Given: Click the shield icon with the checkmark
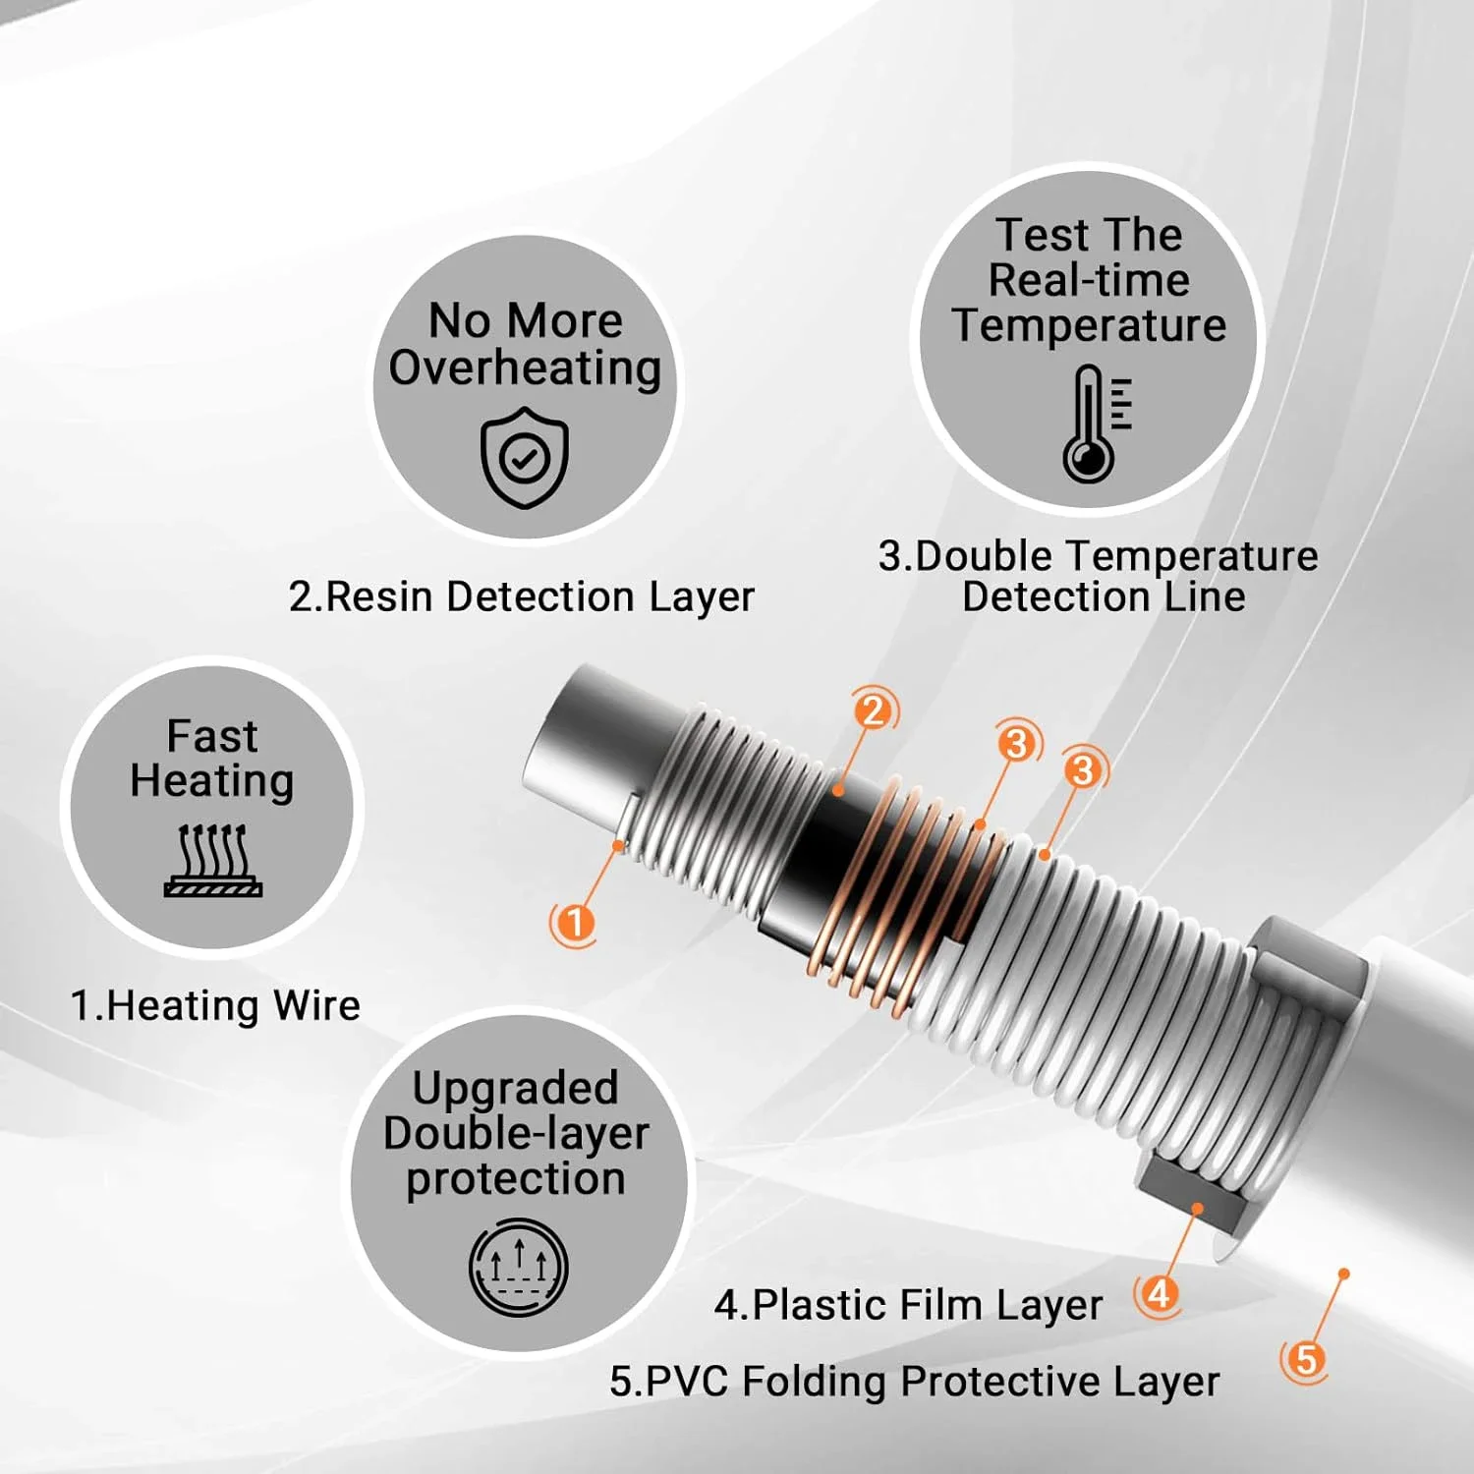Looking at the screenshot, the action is click(x=525, y=457).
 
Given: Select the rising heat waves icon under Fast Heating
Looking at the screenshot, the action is click(x=212, y=860).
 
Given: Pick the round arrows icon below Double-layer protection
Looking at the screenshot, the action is click(x=518, y=1268).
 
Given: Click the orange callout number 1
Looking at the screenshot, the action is click(x=574, y=923).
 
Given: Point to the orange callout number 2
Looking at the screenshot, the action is click(x=874, y=709).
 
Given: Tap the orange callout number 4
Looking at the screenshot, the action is click(x=1159, y=1293).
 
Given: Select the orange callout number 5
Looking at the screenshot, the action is click(x=1305, y=1361).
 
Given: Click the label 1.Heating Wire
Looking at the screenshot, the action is click(x=215, y=1006).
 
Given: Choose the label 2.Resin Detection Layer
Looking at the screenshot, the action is click(x=522, y=596).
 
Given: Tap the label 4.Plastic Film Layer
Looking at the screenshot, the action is click(x=909, y=1306).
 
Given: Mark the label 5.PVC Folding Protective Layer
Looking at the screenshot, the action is click(x=915, y=1382).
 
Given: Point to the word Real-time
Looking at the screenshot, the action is click(x=1089, y=280).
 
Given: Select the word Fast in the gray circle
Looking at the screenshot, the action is click(x=212, y=735).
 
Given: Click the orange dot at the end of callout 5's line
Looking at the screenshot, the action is click(x=1344, y=1274).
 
